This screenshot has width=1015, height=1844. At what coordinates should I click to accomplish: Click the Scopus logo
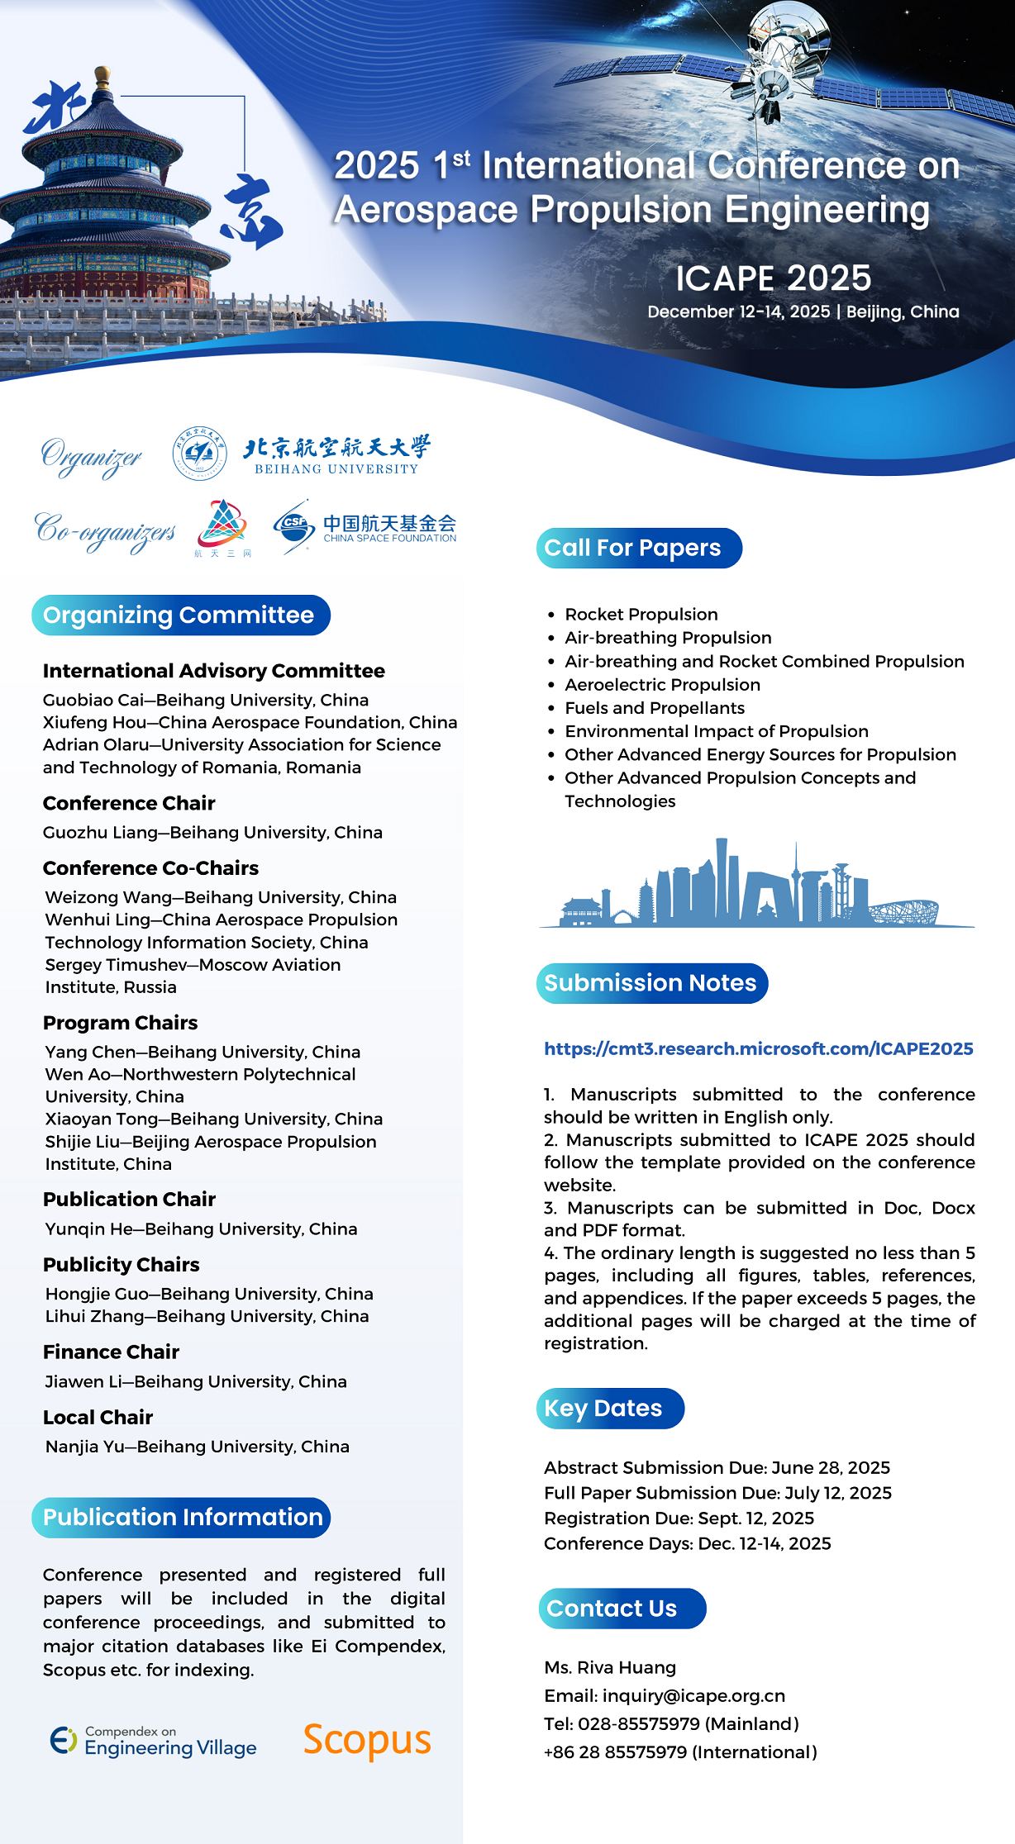(x=367, y=1740)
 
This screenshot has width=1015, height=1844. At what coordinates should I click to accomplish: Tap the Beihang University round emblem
(x=199, y=454)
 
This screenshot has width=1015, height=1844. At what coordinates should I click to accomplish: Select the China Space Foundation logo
(x=365, y=526)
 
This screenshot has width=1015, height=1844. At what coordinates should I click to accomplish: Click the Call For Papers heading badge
(x=639, y=548)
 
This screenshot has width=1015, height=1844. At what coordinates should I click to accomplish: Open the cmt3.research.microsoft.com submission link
(x=758, y=1048)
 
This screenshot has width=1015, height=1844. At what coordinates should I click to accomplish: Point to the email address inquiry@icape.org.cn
(x=693, y=1695)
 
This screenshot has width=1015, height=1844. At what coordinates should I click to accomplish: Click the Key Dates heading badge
(x=610, y=1408)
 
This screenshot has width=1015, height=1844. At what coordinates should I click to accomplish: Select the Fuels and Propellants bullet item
(x=654, y=708)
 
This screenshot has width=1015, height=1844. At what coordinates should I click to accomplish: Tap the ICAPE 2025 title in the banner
(x=773, y=278)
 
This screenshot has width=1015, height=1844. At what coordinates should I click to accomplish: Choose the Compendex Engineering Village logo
(x=154, y=1741)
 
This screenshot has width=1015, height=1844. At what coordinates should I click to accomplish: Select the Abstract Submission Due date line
(x=717, y=1467)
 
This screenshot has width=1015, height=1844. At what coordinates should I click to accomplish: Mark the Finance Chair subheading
(x=111, y=1352)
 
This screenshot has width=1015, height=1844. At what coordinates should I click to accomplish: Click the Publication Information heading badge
(x=181, y=1517)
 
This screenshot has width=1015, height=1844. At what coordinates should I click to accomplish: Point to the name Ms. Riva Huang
(x=610, y=1667)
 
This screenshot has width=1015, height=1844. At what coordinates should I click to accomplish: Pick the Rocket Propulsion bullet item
(x=641, y=615)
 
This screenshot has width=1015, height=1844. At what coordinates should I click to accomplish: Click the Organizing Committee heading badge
(x=180, y=615)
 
